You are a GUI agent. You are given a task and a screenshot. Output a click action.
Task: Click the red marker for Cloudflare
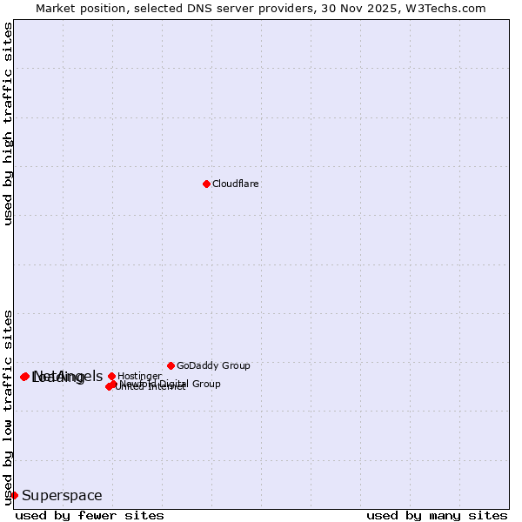pyautogui.click(x=206, y=184)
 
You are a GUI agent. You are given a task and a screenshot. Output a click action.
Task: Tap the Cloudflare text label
pyautogui.click(x=236, y=184)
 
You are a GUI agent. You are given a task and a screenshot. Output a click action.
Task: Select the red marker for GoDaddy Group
pyautogui.click(x=171, y=365)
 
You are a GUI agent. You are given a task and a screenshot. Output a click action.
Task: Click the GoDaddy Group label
pyautogui.click(x=213, y=366)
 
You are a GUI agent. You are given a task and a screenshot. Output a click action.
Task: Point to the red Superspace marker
pyautogui.click(x=14, y=495)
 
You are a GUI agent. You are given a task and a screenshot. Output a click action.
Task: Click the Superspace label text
pyautogui.click(x=62, y=496)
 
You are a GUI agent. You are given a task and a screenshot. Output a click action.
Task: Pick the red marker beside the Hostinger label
pyautogui.click(x=111, y=376)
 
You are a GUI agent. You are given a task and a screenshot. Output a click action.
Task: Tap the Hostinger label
pyautogui.click(x=139, y=377)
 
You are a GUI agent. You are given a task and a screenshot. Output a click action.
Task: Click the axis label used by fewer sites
pyautogui.click(x=90, y=515)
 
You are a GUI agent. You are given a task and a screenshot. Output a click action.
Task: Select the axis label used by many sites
pyautogui.click(x=437, y=515)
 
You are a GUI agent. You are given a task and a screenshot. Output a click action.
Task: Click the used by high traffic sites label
pyautogui.click(x=8, y=124)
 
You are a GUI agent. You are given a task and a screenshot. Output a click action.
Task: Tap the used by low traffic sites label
pyautogui.click(x=8, y=406)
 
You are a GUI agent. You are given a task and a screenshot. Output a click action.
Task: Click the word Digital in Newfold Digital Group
pyautogui.click(x=175, y=384)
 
